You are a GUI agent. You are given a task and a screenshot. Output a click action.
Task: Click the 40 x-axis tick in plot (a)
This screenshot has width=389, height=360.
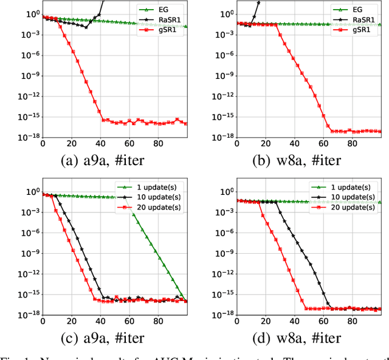click(x=100, y=144)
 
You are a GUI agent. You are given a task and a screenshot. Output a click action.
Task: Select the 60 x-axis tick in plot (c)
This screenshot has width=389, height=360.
click(x=129, y=321)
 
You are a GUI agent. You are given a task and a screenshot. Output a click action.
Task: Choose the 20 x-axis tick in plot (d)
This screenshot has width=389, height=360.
click(x=266, y=321)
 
